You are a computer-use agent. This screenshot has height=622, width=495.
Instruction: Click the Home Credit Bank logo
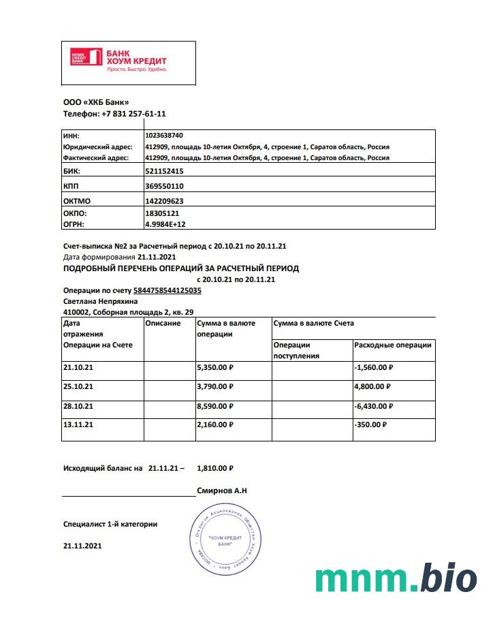[119, 60]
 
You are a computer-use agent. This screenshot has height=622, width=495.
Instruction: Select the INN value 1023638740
[164, 136]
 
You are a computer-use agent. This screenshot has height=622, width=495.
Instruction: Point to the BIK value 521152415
[164, 171]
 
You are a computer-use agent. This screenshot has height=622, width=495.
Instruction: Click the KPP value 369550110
[164, 186]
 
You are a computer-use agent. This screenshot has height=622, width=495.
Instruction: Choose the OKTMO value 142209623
[164, 201]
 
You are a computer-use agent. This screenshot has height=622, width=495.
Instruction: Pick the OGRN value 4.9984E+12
[165, 223]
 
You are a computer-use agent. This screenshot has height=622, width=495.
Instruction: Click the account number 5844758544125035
[167, 290]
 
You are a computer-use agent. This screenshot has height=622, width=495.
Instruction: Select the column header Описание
[163, 323]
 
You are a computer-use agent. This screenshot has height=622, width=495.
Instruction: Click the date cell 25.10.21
[78, 386]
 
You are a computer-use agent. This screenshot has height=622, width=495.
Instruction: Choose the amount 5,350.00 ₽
[215, 367]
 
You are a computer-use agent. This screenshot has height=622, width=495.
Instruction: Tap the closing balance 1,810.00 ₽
[214, 468]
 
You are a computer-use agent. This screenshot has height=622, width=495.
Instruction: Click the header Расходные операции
[393, 345]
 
